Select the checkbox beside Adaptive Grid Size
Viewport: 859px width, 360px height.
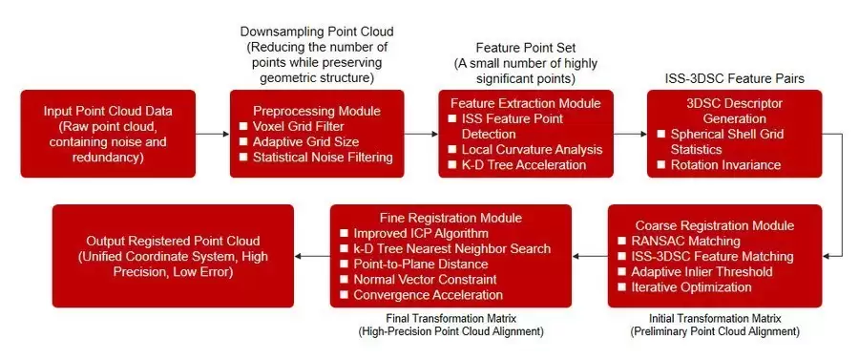tap(243, 142)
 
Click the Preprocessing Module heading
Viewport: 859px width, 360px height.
tap(317, 111)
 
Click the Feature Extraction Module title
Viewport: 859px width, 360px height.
tap(525, 103)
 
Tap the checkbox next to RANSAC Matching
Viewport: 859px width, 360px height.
tap(621, 241)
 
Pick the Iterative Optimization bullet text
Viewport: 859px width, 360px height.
tap(691, 287)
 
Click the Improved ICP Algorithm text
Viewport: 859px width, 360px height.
tap(421, 233)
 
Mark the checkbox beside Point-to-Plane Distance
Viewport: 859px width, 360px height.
tap(344, 265)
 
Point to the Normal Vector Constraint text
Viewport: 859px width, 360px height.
tap(425, 280)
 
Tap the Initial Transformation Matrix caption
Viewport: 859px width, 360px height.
tap(715, 318)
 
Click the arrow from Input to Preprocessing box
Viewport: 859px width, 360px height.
tap(213, 133)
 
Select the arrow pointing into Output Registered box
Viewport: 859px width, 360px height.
tap(312, 256)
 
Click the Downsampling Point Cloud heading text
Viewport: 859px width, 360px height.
tap(317, 32)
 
